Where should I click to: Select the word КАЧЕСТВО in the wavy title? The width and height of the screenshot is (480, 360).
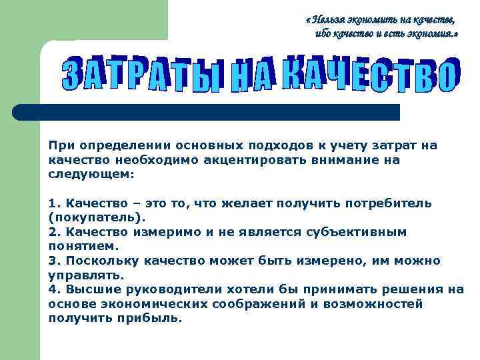pyautogui.click(x=371, y=74)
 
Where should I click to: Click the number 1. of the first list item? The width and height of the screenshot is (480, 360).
pyautogui.click(x=54, y=203)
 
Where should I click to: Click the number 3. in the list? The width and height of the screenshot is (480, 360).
pyautogui.click(x=54, y=260)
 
